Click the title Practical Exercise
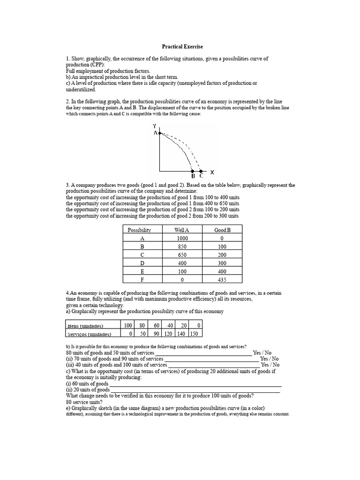(x=183, y=46)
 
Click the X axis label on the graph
(x=212, y=172)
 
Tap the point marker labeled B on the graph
(x=192, y=172)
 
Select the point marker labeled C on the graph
(x=201, y=172)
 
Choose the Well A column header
(x=181, y=230)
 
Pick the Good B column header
(x=222, y=230)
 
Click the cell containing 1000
(x=181, y=238)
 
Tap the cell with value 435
(x=222, y=280)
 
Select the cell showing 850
(x=181, y=247)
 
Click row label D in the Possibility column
(x=142, y=263)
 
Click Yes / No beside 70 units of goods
(x=269, y=359)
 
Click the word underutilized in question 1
(x=81, y=89)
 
